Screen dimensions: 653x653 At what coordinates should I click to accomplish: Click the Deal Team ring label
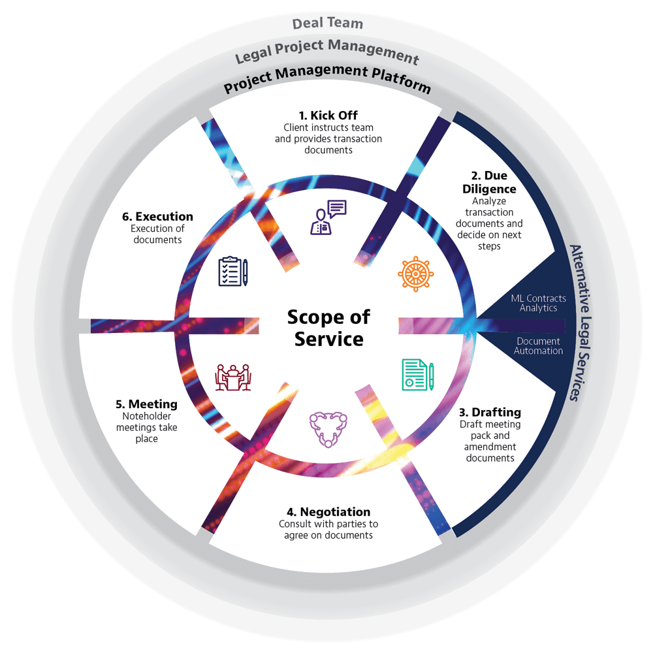pyautogui.click(x=327, y=24)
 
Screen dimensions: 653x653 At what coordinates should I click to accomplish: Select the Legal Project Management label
pyautogui.click(x=326, y=52)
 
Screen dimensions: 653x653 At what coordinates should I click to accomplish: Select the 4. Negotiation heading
pyautogui.click(x=328, y=512)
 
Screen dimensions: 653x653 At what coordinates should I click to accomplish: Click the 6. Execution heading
pyautogui.click(x=157, y=216)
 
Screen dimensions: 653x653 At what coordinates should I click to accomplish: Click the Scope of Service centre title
pyautogui.click(x=328, y=328)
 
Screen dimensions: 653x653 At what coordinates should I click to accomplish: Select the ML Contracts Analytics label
pyautogui.click(x=538, y=303)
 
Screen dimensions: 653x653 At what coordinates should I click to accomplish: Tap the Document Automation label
pyautogui.click(x=538, y=346)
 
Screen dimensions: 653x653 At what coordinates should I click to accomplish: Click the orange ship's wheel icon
pyautogui.click(x=416, y=274)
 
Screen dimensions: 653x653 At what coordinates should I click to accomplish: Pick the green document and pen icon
pyautogui.click(x=418, y=375)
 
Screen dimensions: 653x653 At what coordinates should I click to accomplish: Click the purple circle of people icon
pyautogui.click(x=325, y=428)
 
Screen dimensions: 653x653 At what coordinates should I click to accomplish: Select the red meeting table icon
pyautogui.click(x=233, y=377)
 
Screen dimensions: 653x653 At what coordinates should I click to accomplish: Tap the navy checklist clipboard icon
pyautogui.click(x=233, y=272)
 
